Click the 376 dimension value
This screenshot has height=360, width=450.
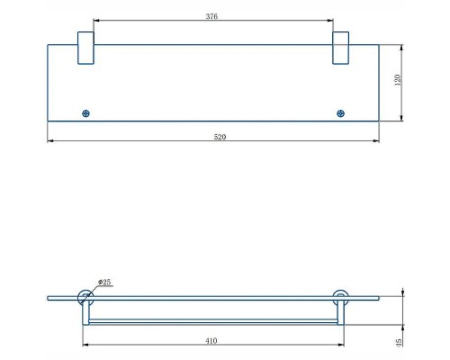pyautogui.click(x=211, y=16)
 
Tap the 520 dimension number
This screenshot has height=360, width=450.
pyautogui.click(x=220, y=137)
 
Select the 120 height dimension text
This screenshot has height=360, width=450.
pyautogui.click(x=398, y=80)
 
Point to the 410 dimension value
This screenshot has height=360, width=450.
pyautogui.click(x=211, y=341)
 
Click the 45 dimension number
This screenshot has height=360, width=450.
pyautogui.click(x=399, y=343)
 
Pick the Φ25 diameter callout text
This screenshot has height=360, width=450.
pyautogui.click(x=104, y=282)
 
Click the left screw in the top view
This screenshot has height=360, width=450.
pyautogui.click(x=85, y=113)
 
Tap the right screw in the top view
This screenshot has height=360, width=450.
pyautogui.click(x=340, y=113)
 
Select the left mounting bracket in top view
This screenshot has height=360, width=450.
pyautogui.click(x=85, y=48)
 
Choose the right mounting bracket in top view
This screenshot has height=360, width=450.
pyautogui.click(x=340, y=48)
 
